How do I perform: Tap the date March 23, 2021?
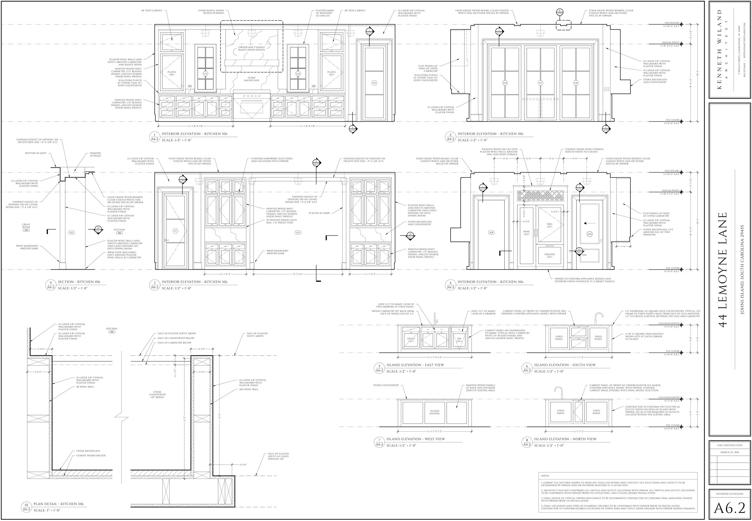coord(729,452)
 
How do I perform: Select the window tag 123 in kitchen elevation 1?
coord(205,74)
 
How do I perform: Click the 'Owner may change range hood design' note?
coord(251,48)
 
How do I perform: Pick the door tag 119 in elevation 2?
coord(540,83)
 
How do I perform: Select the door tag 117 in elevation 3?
coord(175,231)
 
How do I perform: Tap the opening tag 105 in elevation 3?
coord(298,233)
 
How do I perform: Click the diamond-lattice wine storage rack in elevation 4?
coord(541,196)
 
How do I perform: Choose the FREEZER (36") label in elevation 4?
coord(549,255)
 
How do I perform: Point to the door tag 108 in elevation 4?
coord(491,233)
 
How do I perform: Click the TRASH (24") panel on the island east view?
coord(411,340)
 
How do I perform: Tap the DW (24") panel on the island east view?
coord(459,340)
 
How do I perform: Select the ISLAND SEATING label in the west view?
coord(434,412)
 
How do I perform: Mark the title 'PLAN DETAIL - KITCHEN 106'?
coord(58,504)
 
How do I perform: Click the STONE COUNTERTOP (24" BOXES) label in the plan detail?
coord(157,394)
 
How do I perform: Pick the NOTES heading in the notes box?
coord(545,476)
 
